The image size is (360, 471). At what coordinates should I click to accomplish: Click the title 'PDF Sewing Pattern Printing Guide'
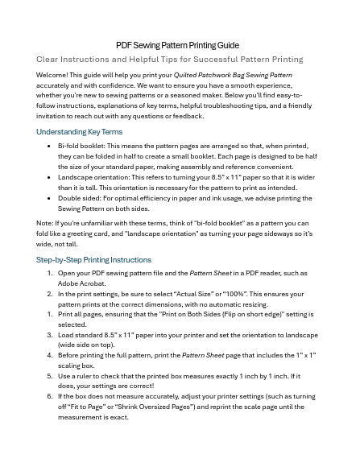(177, 45)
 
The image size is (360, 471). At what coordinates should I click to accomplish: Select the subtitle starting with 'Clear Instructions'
(169, 60)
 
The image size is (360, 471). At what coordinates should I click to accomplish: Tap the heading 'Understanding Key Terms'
(79, 131)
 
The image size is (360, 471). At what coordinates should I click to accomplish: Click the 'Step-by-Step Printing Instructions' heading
(93, 260)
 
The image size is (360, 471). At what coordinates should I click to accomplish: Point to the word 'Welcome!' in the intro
(52, 75)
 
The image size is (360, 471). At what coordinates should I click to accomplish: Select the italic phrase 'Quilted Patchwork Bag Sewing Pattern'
(233, 75)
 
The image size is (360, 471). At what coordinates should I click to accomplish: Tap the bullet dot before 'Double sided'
(50, 198)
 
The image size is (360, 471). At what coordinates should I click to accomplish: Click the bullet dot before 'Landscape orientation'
(50, 177)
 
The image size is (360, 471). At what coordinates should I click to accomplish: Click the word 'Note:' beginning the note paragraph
(45, 223)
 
